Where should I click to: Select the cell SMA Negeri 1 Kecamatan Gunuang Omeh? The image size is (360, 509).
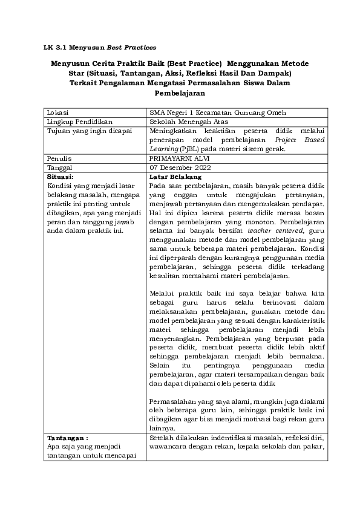point(217,112)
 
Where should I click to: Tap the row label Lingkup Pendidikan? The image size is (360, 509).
point(76,121)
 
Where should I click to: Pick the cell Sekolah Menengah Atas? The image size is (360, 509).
point(189,121)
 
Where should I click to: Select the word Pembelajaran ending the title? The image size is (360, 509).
point(180,94)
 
